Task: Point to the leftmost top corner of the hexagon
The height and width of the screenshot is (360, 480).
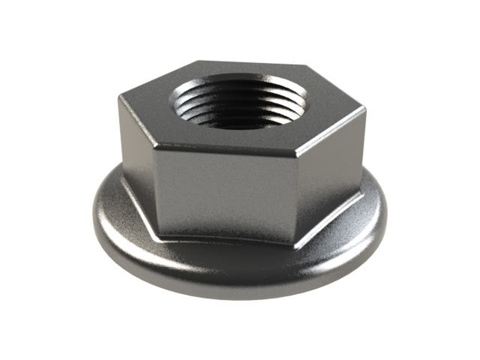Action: coord(118,95)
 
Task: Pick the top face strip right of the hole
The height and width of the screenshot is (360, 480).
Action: coord(330,109)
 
